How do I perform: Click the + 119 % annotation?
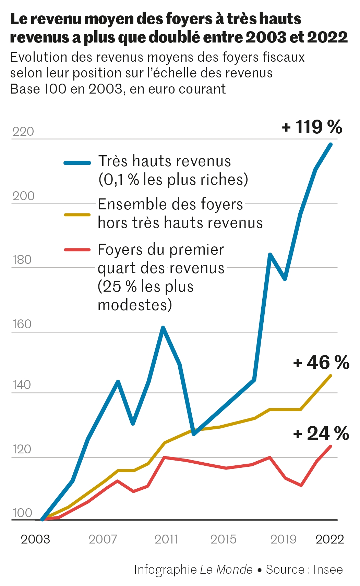coord(312,127)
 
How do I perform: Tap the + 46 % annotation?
coord(321,362)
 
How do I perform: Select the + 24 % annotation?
coord(321,433)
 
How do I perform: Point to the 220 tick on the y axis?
coord(23,132)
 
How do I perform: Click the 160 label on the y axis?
coord(22,324)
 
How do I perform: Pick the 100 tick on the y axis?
coord(22,513)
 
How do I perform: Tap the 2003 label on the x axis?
coord(35,539)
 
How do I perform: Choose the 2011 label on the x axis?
coord(166,539)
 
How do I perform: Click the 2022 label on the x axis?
coord(330,539)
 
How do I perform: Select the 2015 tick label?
coord(223,539)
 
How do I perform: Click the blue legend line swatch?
coord(77,163)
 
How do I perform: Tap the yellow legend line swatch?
coord(77,215)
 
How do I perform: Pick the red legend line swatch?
coord(77,250)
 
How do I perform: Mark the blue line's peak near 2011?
coord(163,328)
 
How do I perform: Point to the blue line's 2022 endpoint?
coord(331,144)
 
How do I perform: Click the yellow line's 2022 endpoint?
coord(331,376)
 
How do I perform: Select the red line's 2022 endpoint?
coord(331,446)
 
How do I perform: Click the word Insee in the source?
coord(328,570)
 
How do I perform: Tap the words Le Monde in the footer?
coord(226,570)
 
